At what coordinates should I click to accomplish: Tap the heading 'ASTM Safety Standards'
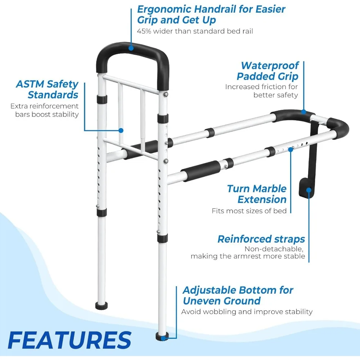(47, 89)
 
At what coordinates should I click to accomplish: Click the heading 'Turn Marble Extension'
(257, 194)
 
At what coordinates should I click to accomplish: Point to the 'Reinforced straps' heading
(261, 239)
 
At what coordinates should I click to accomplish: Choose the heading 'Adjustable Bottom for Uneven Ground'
(238, 295)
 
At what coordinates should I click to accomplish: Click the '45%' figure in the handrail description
(144, 31)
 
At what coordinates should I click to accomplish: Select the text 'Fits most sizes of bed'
(249, 211)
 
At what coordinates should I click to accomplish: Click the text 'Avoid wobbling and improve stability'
(247, 312)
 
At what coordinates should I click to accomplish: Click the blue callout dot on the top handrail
(131, 47)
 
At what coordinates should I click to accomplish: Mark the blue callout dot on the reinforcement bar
(121, 130)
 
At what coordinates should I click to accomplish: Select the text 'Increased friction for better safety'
(262, 91)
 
